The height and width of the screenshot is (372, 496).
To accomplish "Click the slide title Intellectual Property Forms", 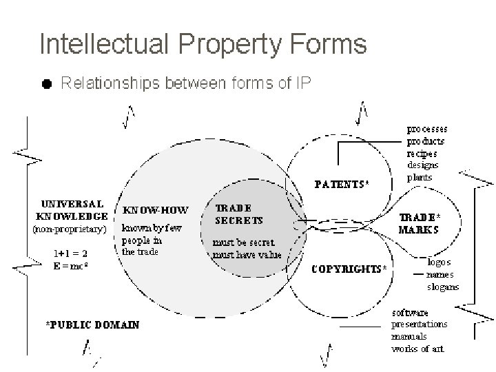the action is coord(203,44).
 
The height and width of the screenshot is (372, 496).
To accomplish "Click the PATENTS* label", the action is coord(342,184).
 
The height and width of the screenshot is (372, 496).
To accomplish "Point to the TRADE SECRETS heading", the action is coord(239,214).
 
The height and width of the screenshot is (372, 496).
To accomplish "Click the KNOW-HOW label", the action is coord(155,210).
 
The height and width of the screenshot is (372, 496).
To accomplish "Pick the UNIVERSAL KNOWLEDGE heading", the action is coord(73,210).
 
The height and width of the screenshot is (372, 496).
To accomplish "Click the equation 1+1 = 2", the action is coord(71,252).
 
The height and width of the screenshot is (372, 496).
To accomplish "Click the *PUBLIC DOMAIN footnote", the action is coord(92,324).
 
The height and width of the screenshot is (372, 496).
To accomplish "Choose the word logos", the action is coord(439,264).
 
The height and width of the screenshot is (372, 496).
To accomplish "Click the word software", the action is coord(412,313).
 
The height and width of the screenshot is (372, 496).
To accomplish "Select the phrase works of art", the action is coord(417,349).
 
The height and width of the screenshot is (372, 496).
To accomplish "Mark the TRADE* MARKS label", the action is coord(420,224).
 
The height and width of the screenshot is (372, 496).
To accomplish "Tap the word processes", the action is coord(427,129).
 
